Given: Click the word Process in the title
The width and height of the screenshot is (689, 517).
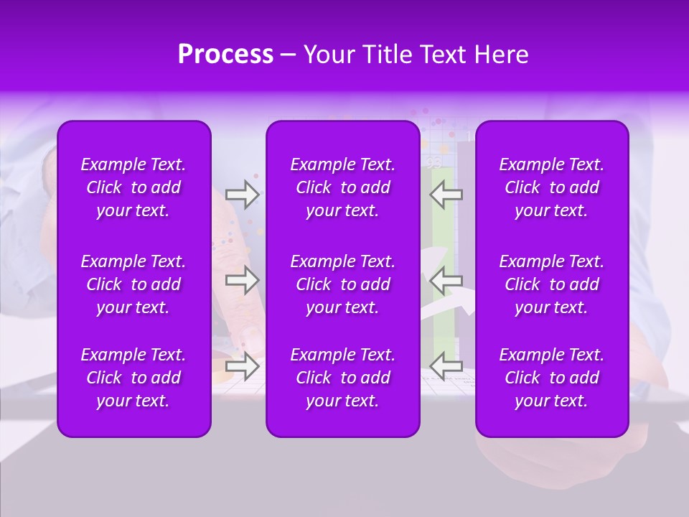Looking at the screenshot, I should click(225, 55).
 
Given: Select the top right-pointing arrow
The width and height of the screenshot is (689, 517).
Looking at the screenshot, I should click(242, 195).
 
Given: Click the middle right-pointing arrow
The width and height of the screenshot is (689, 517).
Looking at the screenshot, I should click(242, 280).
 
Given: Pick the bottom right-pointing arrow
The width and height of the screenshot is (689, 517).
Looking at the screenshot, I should click(242, 366).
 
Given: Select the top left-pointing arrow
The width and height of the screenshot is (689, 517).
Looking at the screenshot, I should click(446, 195).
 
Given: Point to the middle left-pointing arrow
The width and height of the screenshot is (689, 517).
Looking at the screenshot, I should click(446, 280).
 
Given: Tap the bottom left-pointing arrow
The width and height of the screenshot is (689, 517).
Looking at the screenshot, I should click(446, 366).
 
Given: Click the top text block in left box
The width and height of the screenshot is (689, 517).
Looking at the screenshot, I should click(133, 187).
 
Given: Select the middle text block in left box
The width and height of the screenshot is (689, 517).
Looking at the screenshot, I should click(133, 284).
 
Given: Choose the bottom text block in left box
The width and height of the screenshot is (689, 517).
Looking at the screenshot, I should click(133, 378).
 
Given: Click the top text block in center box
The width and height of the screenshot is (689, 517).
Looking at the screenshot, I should click(342, 187).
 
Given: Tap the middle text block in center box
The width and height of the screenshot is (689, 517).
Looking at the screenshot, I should click(342, 284).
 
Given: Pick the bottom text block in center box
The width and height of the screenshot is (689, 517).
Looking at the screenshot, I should click(342, 378).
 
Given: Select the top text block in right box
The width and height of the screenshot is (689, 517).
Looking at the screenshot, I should click(551, 187).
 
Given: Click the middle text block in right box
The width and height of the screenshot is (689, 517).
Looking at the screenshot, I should click(551, 284).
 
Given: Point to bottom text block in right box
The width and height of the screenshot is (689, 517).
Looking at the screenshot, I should click(551, 378).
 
